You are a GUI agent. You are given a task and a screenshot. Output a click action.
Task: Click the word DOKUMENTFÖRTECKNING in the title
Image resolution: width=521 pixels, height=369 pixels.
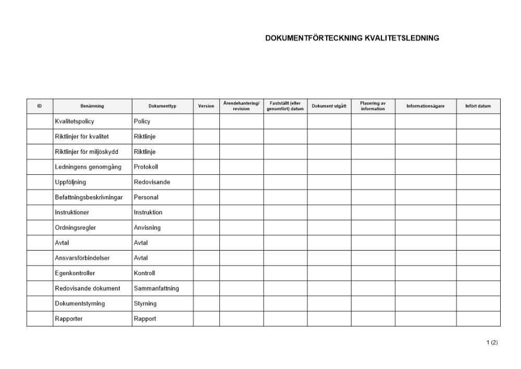pos(305,38)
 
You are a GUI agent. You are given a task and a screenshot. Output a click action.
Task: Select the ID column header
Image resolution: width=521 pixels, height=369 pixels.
pos(40,106)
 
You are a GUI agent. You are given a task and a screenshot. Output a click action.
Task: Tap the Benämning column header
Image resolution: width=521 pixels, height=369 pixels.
pos(92,106)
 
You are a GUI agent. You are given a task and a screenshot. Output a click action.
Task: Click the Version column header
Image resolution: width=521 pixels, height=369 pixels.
pos(206,106)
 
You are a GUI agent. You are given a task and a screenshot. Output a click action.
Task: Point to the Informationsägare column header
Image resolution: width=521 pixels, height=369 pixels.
pos(426,106)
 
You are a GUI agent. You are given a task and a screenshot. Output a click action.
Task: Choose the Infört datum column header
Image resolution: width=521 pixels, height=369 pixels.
pos(478,106)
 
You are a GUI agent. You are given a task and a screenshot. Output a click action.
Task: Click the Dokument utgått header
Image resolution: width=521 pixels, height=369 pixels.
pos(329,106)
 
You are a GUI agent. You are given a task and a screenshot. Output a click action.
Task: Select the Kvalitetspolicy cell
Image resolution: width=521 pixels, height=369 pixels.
pos(75,122)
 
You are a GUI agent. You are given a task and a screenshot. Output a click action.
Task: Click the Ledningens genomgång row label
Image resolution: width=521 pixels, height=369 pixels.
pos(88,167)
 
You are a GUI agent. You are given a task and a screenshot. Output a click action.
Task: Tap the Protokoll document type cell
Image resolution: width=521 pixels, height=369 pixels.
pos(146,167)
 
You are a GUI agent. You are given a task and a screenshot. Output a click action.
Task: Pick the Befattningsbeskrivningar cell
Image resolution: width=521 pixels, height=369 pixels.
pos(89,197)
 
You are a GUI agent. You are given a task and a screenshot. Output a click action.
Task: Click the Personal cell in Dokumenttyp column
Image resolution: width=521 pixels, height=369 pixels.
pos(146,197)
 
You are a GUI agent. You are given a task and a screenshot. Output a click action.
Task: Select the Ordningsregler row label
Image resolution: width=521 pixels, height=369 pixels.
pos(76,228)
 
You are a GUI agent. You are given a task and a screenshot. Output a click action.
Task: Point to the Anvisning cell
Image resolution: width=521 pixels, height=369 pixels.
pos(147,228)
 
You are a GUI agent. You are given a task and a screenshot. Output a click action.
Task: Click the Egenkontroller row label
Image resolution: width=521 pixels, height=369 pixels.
pos(75,273)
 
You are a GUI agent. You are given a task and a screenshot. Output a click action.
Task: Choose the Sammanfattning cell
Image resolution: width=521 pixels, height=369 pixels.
pos(156,288)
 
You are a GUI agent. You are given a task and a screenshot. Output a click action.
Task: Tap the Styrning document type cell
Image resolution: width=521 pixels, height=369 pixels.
pos(145,303)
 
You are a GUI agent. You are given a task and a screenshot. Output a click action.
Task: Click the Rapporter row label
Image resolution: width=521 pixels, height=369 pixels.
pos(69,318)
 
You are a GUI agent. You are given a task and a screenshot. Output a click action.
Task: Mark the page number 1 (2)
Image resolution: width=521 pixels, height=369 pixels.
pos(492,342)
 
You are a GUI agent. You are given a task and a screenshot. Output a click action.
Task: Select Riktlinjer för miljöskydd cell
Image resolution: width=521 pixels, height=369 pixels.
pos(86,152)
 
